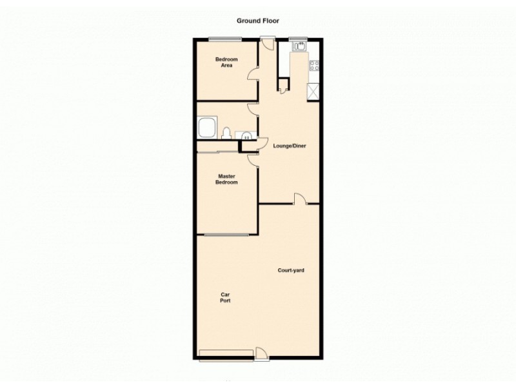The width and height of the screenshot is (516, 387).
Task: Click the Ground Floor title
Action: [x=257, y=21]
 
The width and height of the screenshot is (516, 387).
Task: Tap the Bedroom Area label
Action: [x=226, y=63]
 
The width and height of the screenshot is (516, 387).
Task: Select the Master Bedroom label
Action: [x=226, y=179]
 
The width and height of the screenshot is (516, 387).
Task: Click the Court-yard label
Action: [x=291, y=270]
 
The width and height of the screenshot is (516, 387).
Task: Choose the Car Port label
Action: [x=225, y=298]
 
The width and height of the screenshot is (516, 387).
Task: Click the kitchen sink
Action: [x=300, y=46]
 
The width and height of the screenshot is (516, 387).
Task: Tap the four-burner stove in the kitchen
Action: [x=315, y=65]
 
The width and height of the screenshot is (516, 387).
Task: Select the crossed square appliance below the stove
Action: [x=314, y=92]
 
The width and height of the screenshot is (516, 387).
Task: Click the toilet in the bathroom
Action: [x=226, y=133]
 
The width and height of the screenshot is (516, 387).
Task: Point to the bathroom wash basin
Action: [x=247, y=135]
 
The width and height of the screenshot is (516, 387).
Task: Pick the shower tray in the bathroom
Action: [x=208, y=127]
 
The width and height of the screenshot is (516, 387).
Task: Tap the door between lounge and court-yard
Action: [x=300, y=199]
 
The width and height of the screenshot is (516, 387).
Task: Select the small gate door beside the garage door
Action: [x=261, y=353]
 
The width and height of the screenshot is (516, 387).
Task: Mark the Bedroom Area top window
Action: [x=225, y=39]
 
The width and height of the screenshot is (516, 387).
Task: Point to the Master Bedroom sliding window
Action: [x=226, y=235]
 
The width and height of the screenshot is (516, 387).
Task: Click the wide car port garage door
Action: [x=226, y=352]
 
